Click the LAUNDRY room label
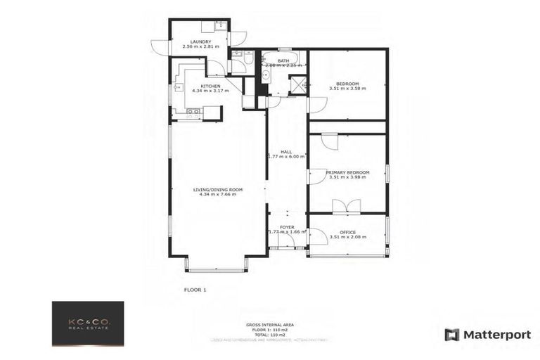point(200,41)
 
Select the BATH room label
point(283,60)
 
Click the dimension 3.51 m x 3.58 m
point(347,89)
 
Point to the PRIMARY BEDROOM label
point(347,172)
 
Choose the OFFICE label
point(347,232)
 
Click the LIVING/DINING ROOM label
point(218,189)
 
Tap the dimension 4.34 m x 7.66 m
point(218,195)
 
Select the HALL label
point(286,151)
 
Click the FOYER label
point(287,226)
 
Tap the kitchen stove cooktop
point(193,111)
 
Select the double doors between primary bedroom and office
point(347,207)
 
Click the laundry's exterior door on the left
point(160,47)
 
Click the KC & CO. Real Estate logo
point(88,323)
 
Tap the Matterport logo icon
point(452,335)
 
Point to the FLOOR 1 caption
point(195,289)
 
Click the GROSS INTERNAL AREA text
point(269,324)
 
